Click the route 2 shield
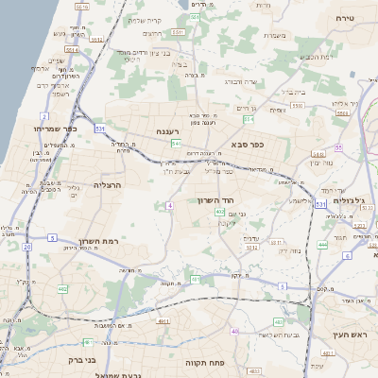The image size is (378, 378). point(43,117)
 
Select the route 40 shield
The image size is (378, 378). point(234,332)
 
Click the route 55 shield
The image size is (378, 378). point(337,148)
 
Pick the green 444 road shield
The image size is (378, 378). point(322,245)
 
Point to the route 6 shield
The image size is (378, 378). point(347,256)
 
